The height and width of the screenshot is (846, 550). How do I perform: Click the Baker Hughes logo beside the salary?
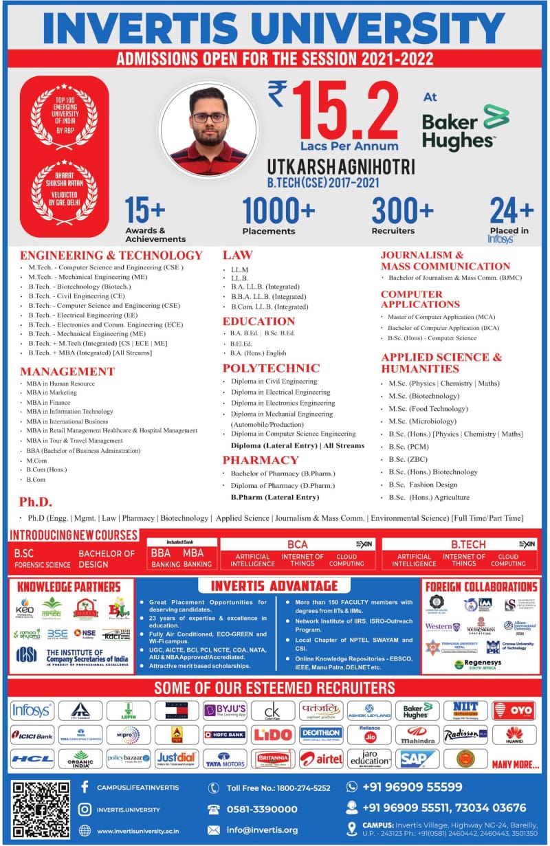(x=465, y=128)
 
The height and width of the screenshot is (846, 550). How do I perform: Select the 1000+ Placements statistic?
(x=278, y=216)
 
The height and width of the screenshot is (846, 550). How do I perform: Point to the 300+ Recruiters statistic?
(x=402, y=216)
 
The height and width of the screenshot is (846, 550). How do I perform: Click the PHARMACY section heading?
(x=260, y=460)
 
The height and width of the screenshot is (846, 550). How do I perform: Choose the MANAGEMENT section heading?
(x=67, y=371)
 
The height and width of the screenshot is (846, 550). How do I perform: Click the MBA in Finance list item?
(x=49, y=402)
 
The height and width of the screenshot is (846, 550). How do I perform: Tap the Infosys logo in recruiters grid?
(x=31, y=710)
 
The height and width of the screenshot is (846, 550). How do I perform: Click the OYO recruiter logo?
(x=514, y=710)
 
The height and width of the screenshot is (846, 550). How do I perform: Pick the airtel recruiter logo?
(x=321, y=759)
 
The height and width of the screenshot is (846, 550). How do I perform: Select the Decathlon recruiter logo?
(x=321, y=734)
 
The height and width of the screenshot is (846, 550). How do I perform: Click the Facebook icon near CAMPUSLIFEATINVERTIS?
(x=85, y=786)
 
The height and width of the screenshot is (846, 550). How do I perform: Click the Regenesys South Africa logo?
(x=479, y=664)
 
